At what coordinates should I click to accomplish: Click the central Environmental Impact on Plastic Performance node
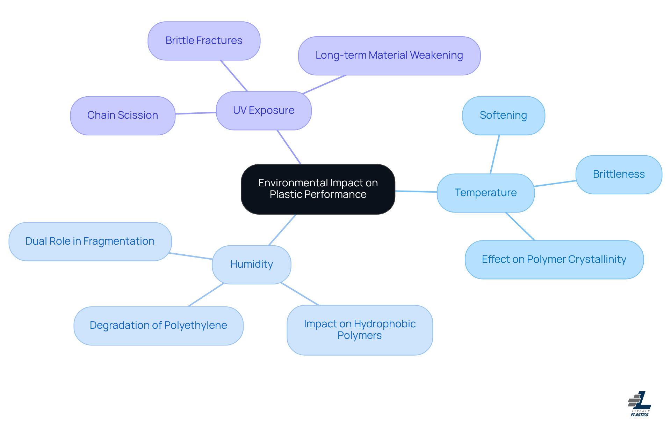pyautogui.click(x=318, y=189)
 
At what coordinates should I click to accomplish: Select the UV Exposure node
pyautogui.click(x=264, y=111)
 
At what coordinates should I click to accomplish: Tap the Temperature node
pyautogui.click(x=485, y=193)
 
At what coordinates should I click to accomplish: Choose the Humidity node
pyautogui.click(x=251, y=265)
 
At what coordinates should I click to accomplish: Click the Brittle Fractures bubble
pyautogui.click(x=204, y=41)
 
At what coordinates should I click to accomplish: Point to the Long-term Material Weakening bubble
pyautogui.click(x=389, y=55)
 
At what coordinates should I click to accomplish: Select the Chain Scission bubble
pyautogui.click(x=122, y=116)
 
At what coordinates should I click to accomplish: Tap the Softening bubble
pyautogui.click(x=503, y=116)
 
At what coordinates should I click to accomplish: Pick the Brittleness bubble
pyautogui.click(x=619, y=174)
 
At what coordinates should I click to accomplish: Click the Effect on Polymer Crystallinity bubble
pyautogui.click(x=554, y=260)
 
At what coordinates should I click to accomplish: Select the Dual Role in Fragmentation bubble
pyautogui.click(x=90, y=241)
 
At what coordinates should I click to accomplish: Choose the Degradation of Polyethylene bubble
pyautogui.click(x=158, y=326)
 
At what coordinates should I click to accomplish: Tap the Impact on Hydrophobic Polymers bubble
pyautogui.click(x=360, y=330)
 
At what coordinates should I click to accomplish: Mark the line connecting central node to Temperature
pyautogui.click(x=416, y=191)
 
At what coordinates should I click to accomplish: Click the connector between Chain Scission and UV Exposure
pyautogui.click(x=195, y=113)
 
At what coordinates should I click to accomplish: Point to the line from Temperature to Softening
pyautogui.click(x=495, y=154)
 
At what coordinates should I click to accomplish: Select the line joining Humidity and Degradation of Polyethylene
pyautogui.click(x=205, y=295)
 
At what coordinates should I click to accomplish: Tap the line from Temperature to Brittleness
pyautogui.click(x=555, y=184)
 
